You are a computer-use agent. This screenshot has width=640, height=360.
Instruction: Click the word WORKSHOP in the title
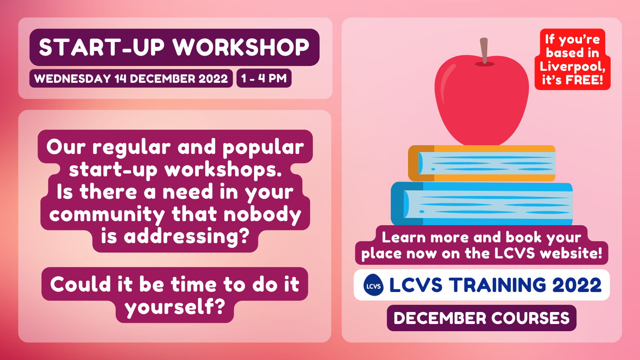coord(241,47)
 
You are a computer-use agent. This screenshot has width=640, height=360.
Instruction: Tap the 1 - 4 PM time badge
coord(264,78)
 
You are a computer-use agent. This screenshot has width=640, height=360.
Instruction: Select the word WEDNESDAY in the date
coord(72,78)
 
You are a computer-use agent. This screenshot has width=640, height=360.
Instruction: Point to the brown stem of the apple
coord(484,50)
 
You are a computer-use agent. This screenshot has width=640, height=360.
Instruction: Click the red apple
coord(482,100)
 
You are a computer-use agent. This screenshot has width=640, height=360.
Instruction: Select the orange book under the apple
coord(482,163)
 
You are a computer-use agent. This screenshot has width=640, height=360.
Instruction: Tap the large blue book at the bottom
coord(482,204)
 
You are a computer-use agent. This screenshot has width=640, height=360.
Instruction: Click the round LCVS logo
coord(374,285)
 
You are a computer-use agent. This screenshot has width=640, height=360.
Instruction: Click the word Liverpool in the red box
coord(572,66)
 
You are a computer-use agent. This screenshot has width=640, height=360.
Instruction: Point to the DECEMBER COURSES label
coord(482,318)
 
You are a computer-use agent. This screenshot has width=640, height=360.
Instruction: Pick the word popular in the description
coord(263,148)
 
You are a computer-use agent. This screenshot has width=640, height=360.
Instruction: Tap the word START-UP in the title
coord(102,47)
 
